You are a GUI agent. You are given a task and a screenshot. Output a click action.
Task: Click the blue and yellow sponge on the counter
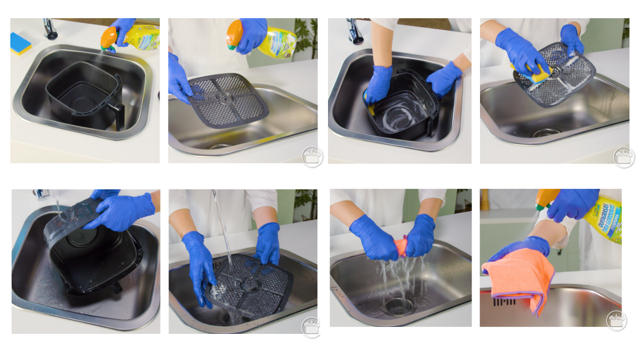point(21,43)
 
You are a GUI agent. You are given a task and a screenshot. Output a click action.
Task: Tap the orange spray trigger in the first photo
point(109,38)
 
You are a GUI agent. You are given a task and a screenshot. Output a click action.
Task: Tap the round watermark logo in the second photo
point(312,157)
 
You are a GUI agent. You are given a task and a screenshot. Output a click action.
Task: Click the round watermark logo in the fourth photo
point(623,157)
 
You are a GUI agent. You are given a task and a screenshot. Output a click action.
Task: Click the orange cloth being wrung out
point(401,247)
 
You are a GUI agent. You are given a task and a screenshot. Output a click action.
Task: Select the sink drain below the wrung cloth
point(398,306)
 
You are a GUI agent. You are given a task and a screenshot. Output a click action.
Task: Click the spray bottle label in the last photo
point(605,219)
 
